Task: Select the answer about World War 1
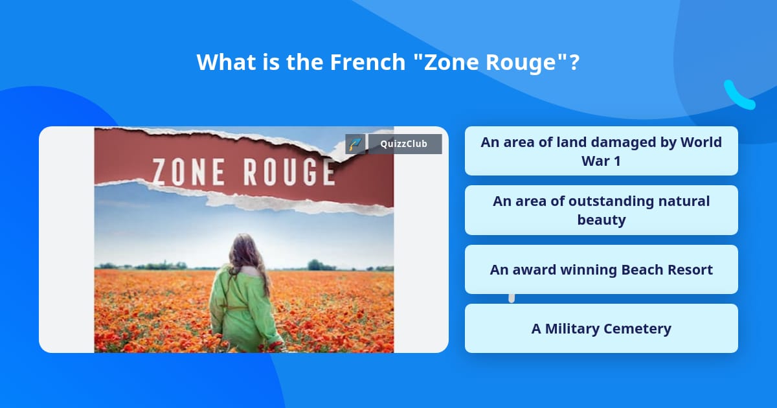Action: click(x=601, y=151)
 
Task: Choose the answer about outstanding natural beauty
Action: click(x=601, y=210)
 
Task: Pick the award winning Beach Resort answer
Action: click(x=601, y=269)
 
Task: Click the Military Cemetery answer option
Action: click(x=601, y=328)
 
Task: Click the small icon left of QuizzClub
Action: click(x=355, y=144)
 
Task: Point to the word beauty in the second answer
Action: click(x=601, y=220)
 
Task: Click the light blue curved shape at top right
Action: click(x=738, y=96)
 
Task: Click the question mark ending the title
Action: click(x=574, y=62)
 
